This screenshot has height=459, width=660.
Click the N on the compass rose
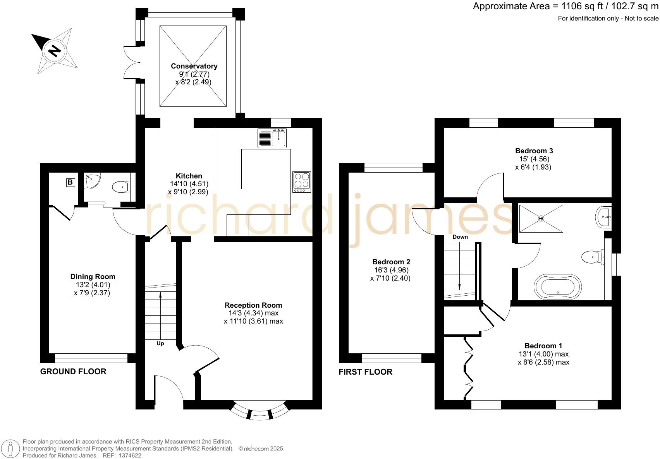[x=54, y=51]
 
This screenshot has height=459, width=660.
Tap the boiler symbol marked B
[x=70, y=182]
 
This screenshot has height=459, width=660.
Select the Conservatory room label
[x=194, y=66]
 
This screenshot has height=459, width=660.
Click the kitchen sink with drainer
[x=272, y=138]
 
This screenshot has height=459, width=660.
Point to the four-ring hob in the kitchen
[x=302, y=182]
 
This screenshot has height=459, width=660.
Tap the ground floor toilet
[x=121, y=187]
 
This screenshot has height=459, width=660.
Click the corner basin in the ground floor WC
[x=93, y=181]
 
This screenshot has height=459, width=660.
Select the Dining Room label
[x=93, y=276]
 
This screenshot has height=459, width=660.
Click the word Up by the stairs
[x=160, y=343]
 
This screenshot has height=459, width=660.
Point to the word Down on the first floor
[x=460, y=237]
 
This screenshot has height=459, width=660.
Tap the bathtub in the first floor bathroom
[x=558, y=286]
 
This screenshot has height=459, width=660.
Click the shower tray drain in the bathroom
[x=541, y=218]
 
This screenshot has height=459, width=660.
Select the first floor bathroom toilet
[x=593, y=257]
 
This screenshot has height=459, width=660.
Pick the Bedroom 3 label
[x=534, y=151]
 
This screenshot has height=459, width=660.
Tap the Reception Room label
[x=253, y=305]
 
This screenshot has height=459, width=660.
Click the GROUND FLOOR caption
[x=73, y=372]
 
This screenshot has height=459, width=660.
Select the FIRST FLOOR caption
[x=365, y=372]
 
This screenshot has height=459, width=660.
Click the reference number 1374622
[x=130, y=456]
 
